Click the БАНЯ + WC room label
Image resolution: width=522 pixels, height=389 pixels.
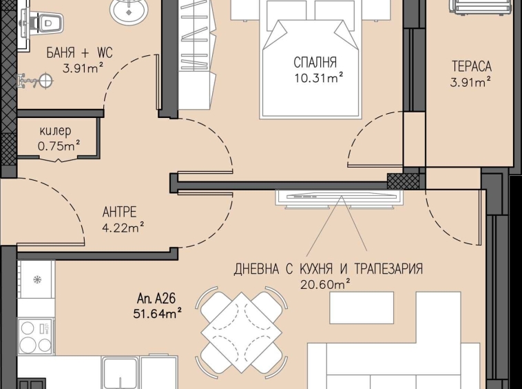tap(79, 53)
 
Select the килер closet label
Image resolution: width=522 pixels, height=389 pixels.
tap(54, 131)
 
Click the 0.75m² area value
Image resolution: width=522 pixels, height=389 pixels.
tap(59, 145)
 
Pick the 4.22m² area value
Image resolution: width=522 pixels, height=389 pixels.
tap(123, 225)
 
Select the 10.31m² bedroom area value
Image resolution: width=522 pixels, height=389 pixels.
tap(316, 79)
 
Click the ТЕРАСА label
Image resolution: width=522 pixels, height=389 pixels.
tap(471, 67)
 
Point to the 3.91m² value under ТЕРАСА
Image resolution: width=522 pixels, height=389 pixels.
tap(471, 81)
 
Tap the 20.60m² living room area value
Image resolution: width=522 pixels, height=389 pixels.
tap(326, 283)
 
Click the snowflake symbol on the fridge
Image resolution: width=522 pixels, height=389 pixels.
tap(36, 280)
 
